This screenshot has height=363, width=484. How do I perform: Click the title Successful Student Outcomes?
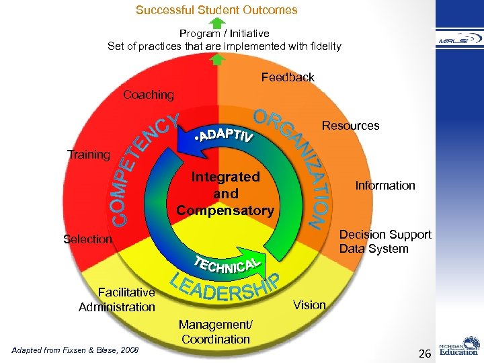(216, 10)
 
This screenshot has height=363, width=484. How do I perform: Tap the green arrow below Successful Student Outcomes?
(216, 23)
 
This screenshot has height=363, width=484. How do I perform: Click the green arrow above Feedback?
(216, 60)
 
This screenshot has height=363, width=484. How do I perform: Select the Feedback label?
(288, 77)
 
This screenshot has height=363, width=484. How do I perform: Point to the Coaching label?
(148, 95)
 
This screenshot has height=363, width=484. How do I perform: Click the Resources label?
(350, 126)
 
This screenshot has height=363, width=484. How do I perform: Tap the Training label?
(89, 155)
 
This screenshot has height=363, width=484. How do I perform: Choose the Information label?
(385, 185)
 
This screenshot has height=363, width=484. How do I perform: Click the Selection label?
(87, 239)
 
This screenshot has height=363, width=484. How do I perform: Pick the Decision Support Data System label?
(385, 241)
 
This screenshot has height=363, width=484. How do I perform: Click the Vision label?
(310, 305)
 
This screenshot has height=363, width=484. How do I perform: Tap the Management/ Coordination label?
(214, 332)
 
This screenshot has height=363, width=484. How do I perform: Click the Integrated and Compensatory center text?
(225, 194)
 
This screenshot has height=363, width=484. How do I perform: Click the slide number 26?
(424, 353)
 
